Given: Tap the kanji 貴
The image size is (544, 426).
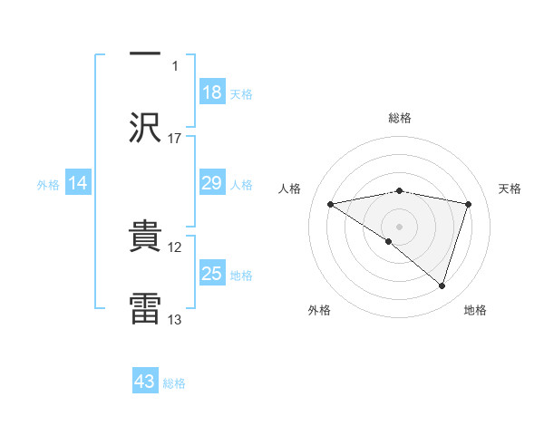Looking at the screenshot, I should point(145,237).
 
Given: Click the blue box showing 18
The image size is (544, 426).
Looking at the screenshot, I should point(212,92).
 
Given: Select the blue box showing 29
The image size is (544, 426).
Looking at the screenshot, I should point(212,183).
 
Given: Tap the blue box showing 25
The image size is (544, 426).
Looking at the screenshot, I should point(212,274).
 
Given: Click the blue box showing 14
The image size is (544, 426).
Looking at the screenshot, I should point(78,183).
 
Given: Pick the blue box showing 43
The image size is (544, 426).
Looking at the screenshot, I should point(145,382).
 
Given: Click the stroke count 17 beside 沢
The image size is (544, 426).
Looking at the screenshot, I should point(175,139).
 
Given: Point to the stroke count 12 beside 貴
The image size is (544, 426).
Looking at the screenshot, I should point(175,247).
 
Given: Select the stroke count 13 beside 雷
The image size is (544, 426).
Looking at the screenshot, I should point(175,320).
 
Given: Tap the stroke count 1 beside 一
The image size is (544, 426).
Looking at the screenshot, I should point(175,66).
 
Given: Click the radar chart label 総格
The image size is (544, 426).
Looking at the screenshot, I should point(400,118).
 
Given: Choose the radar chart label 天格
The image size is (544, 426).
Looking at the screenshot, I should point(510,189).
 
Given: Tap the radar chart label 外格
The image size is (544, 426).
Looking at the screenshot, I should point(319,310).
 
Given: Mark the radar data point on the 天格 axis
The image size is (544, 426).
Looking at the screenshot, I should point(469,204).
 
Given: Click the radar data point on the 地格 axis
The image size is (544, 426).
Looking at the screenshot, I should point(442,286).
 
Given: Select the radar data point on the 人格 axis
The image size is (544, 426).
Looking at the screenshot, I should point(331,204).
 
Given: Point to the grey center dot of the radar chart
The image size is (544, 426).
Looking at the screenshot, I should point(400,226).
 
